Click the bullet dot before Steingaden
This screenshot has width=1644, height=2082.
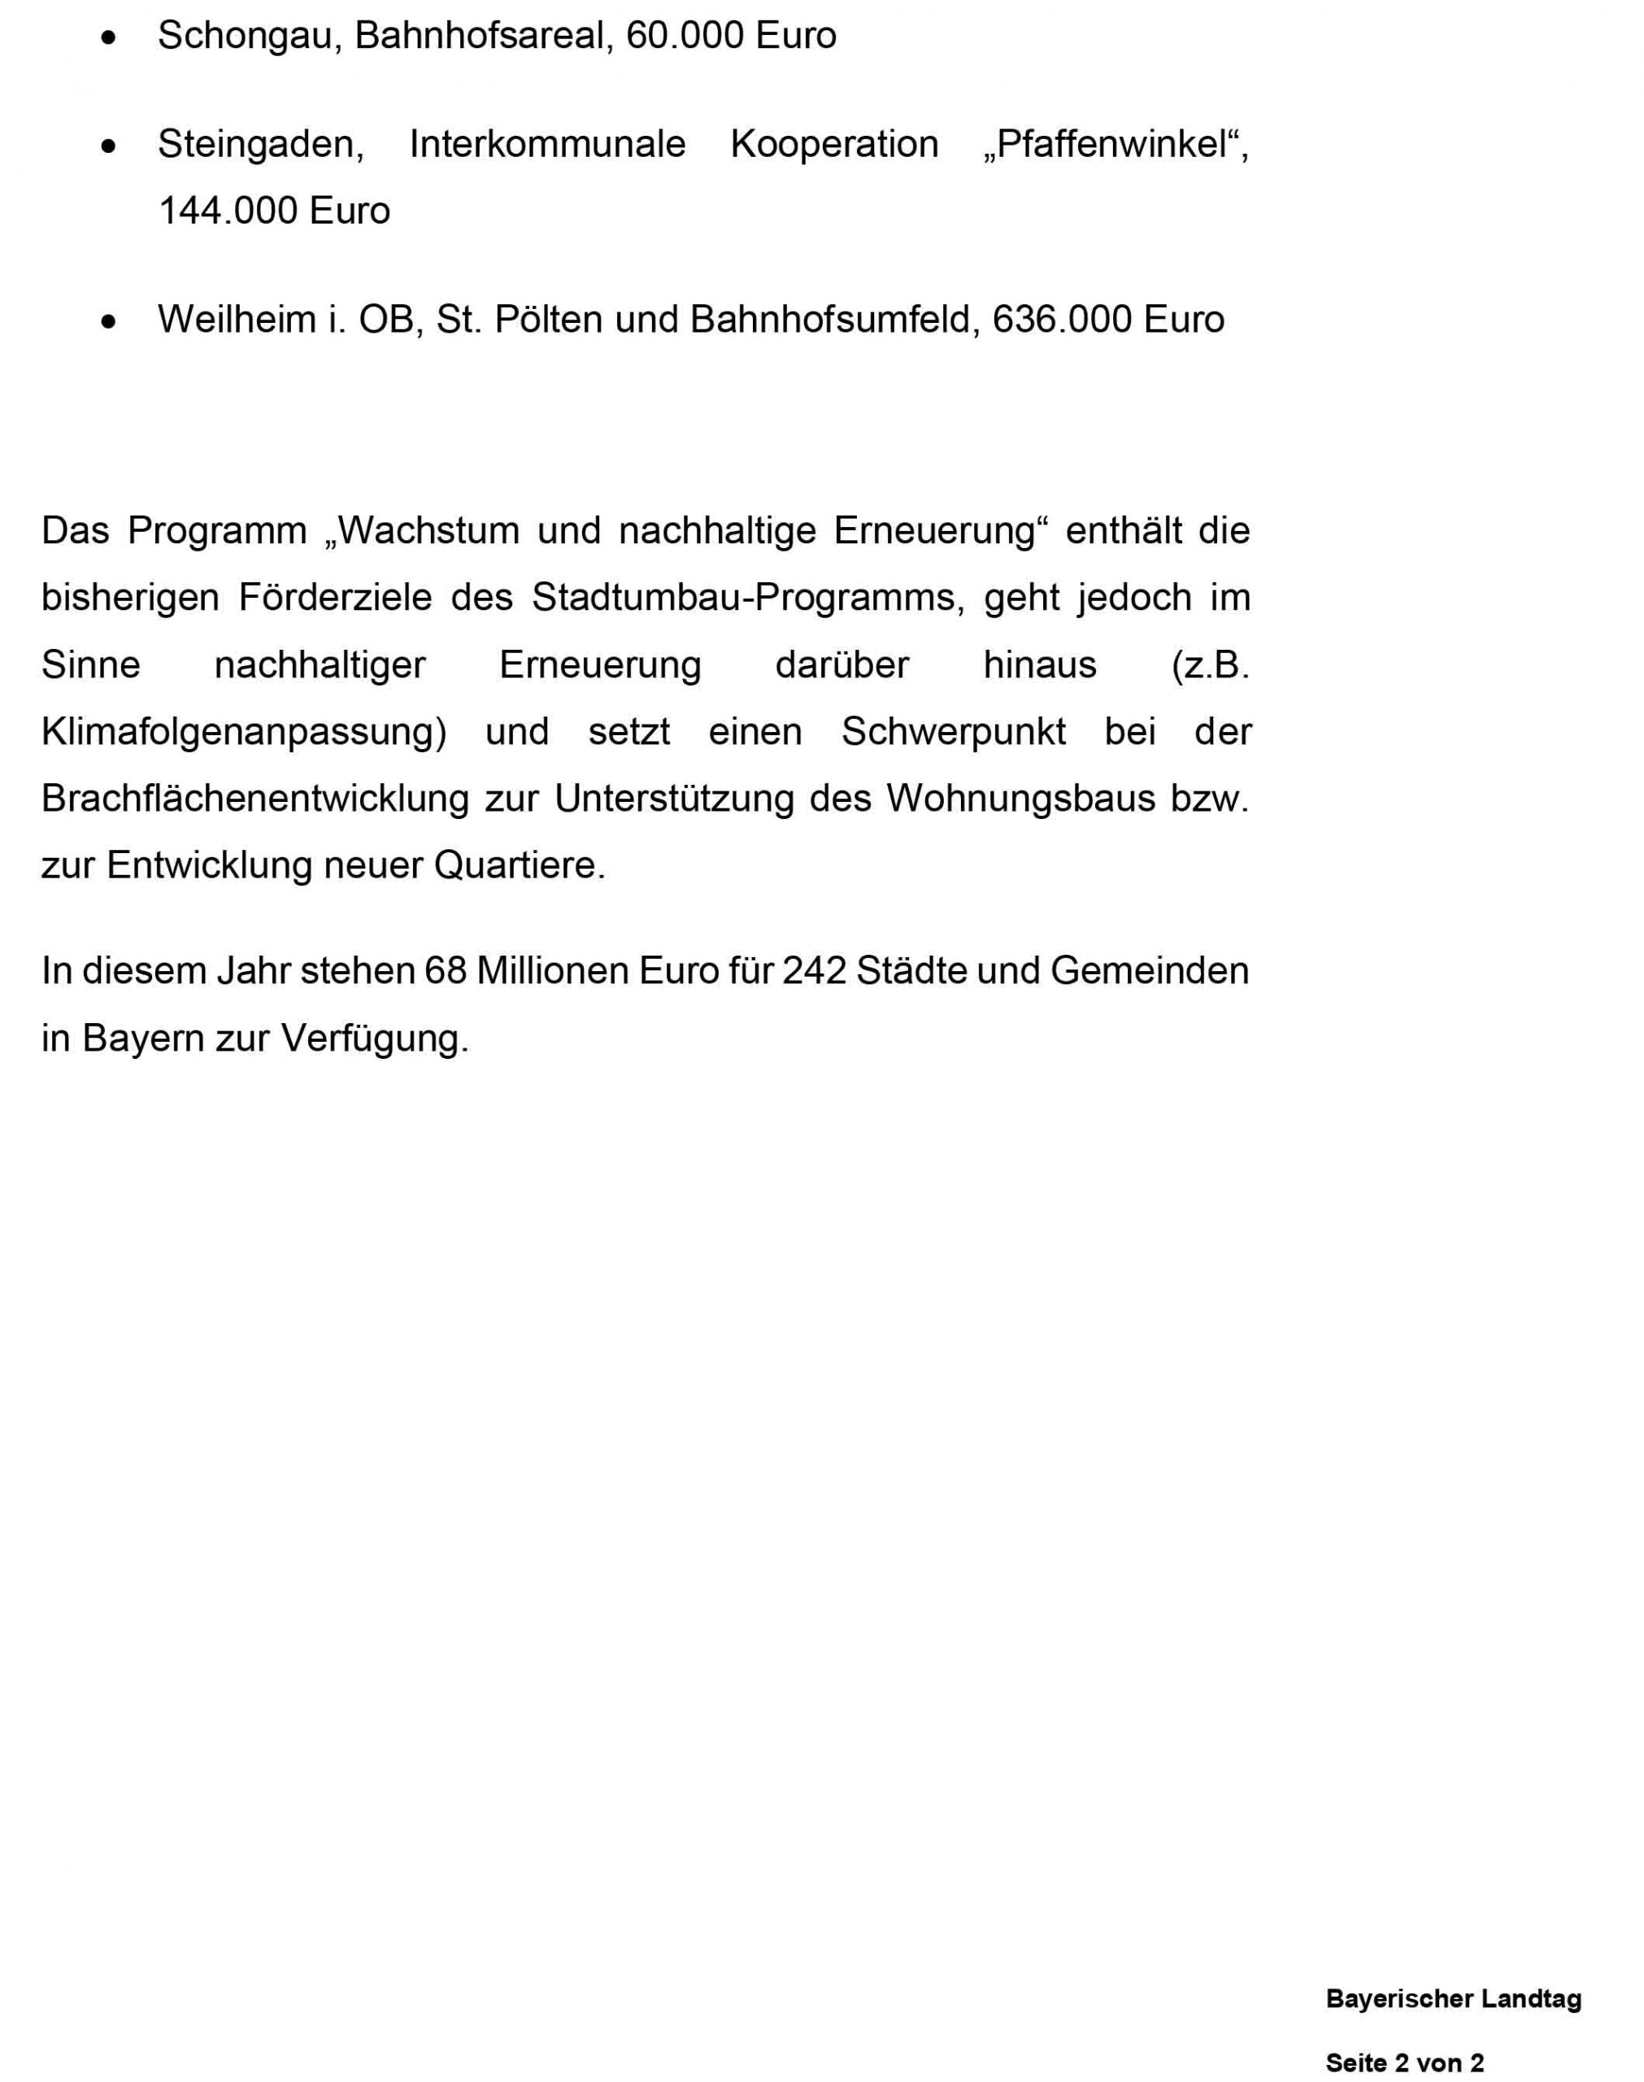(109, 146)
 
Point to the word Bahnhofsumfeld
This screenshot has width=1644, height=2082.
(834, 320)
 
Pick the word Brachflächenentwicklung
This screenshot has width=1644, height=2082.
(255, 799)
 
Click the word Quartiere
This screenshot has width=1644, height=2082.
(520, 865)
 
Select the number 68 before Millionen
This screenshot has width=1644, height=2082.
(446, 971)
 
